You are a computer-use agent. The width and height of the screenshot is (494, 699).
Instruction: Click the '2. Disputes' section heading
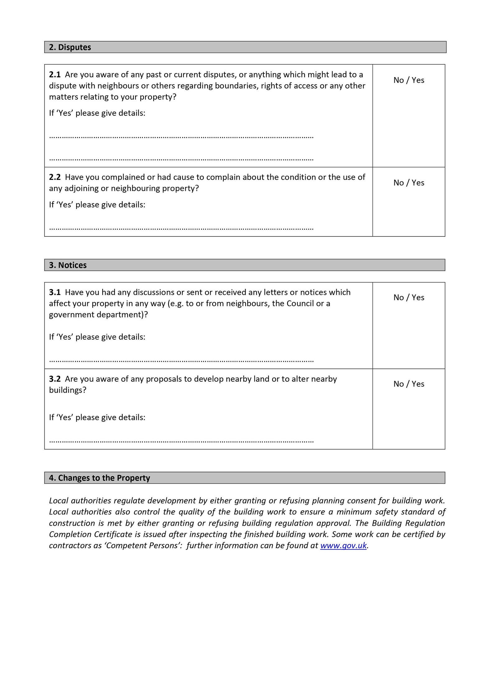point(70,47)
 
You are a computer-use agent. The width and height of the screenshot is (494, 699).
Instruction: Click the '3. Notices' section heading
point(68,265)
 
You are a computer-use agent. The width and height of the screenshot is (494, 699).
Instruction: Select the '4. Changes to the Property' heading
point(100,478)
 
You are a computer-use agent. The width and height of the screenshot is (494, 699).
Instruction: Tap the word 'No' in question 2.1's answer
point(398,80)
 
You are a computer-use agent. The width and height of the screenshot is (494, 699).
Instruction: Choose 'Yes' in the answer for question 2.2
point(418,183)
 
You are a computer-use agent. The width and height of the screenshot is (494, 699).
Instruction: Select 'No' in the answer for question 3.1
point(398,298)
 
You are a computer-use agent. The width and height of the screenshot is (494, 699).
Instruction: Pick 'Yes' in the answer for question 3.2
point(418,384)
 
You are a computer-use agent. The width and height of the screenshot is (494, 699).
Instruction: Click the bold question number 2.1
point(55,75)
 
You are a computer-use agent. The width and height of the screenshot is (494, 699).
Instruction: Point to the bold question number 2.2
point(55,177)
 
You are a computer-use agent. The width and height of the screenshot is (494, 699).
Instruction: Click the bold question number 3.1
point(55,292)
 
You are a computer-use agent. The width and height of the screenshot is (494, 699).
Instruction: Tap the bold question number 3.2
point(55,379)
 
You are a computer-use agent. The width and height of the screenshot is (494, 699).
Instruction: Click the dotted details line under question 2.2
point(181,229)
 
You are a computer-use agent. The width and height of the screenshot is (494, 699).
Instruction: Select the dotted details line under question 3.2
point(181,441)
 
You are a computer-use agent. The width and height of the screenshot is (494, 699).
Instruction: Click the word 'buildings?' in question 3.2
point(68,390)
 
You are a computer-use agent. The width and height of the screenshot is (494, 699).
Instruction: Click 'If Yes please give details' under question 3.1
point(97,337)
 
